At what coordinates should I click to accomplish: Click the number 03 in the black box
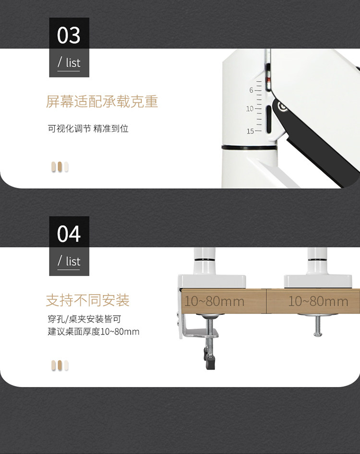click(x=69, y=36)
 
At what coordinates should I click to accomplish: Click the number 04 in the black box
click(x=69, y=234)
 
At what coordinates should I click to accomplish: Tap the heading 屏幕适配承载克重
click(x=102, y=102)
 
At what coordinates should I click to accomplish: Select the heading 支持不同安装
click(x=87, y=300)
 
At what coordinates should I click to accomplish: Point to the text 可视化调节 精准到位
click(x=88, y=129)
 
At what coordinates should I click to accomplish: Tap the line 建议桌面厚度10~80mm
click(x=94, y=332)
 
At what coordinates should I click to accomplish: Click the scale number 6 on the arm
click(x=251, y=90)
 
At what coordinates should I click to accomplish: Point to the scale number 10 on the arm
click(x=250, y=109)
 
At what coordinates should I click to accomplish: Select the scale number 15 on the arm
click(x=250, y=131)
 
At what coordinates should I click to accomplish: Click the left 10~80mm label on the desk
click(x=214, y=301)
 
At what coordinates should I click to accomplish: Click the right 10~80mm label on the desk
click(x=318, y=301)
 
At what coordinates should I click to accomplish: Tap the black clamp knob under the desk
click(x=209, y=359)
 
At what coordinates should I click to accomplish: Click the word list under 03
click(x=73, y=63)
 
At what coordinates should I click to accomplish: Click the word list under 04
click(x=73, y=262)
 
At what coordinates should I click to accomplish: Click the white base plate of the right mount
click(x=312, y=281)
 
